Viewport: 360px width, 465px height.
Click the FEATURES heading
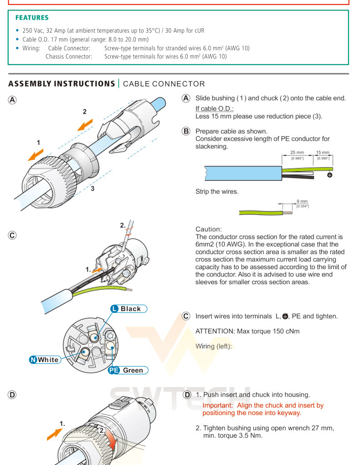tap(32, 18)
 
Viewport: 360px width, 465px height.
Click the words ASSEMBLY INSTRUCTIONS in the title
tap(62, 84)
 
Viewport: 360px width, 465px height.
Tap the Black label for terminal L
tap(130, 309)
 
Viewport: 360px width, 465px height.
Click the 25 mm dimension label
tap(297, 153)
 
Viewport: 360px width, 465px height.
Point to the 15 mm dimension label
tap(323, 153)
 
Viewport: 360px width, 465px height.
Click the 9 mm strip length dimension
tap(302, 201)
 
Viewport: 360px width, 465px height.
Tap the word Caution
tap(208, 229)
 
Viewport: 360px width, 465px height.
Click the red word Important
tap(218, 405)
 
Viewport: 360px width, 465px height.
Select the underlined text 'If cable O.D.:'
tap(214, 108)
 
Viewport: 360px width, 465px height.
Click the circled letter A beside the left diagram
tap(12, 100)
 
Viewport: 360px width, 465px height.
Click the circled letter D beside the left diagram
tap(12, 395)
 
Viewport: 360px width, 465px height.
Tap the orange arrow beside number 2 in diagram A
tap(85, 124)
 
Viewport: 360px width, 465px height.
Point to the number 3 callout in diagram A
tap(92, 188)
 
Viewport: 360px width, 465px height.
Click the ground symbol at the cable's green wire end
tap(330, 174)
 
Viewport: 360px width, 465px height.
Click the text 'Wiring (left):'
tap(214, 346)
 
